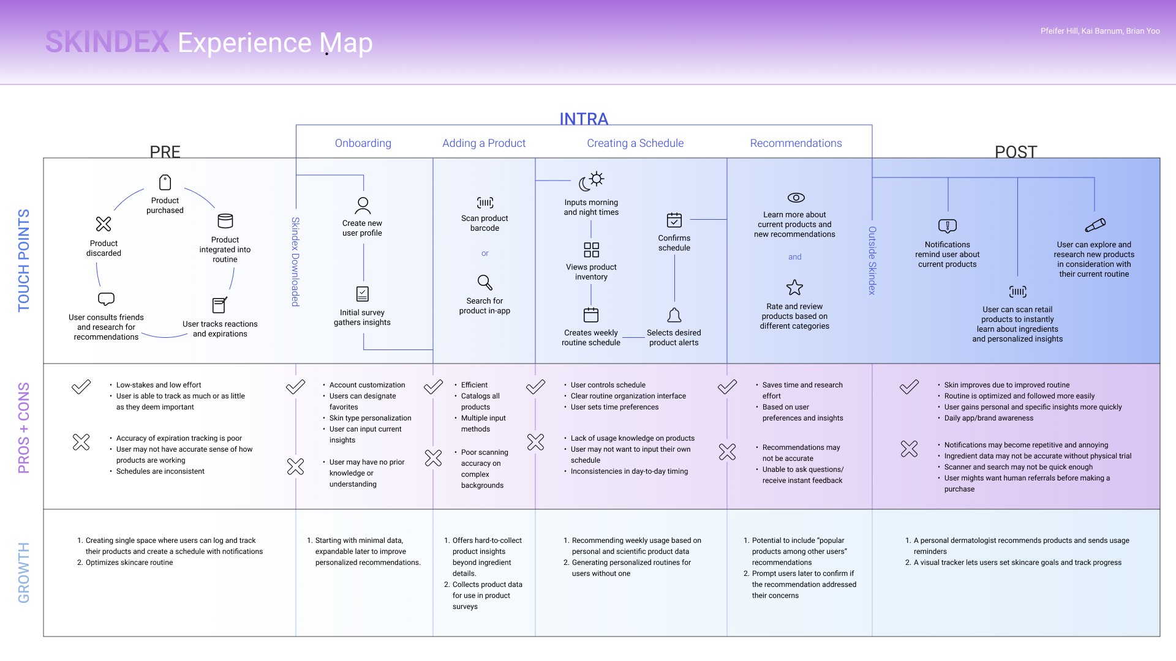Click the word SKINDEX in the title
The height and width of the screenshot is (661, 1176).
(107, 42)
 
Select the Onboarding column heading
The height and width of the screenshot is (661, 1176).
(363, 143)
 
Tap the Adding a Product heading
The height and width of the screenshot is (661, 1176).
(484, 143)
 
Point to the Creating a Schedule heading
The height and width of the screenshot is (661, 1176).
(635, 143)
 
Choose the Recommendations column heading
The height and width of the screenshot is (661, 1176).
(796, 143)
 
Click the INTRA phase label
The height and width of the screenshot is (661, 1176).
(584, 119)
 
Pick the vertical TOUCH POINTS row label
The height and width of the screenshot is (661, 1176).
(24, 260)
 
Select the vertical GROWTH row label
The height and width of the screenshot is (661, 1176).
(24, 572)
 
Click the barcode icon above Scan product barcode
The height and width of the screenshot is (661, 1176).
(485, 203)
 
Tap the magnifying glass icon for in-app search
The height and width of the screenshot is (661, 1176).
(485, 282)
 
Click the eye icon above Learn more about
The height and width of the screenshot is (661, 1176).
(796, 198)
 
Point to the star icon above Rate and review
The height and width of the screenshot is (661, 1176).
(794, 288)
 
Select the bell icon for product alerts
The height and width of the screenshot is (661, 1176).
(674, 315)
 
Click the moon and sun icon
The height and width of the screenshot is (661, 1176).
(592, 181)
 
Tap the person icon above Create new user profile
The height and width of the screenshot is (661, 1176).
(363, 205)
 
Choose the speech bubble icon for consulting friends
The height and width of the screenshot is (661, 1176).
(106, 299)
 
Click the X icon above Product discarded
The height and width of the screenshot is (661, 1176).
(104, 224)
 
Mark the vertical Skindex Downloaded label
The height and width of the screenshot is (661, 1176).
(295, 261)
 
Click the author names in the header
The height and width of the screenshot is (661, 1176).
(1099, 31)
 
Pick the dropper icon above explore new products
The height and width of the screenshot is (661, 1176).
(1095, 225)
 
